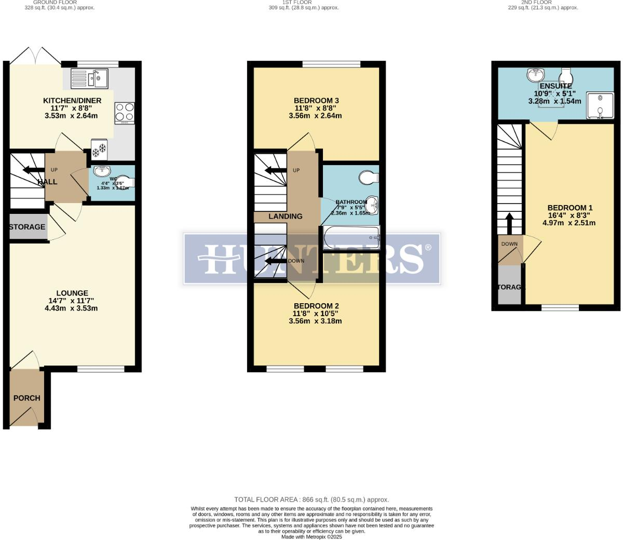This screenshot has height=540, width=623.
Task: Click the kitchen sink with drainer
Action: click(89, 79)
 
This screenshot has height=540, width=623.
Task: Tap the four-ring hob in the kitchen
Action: click(125, 111)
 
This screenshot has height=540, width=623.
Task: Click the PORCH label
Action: click(26, 398)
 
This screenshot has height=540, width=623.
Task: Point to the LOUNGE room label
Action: click(72, 293)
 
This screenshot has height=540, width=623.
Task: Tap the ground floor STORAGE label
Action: click(27, 227)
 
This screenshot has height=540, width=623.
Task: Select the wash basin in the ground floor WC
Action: click(102, 171)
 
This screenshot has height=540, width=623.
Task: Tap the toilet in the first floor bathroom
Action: click(369, 178)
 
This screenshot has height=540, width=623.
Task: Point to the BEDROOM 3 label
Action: click(316, 101)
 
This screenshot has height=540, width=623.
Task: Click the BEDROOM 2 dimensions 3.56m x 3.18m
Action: click(315, 321)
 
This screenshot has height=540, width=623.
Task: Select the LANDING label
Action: click(286, 217)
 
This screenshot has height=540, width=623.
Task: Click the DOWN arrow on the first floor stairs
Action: click(275, 261)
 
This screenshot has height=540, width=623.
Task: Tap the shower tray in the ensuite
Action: click(600, 105)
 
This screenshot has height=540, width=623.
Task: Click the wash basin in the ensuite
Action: click(535, 75)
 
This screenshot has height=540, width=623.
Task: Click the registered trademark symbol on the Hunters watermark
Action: click(428, 248)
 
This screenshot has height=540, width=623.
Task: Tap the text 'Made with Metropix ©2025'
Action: click(311, 537)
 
